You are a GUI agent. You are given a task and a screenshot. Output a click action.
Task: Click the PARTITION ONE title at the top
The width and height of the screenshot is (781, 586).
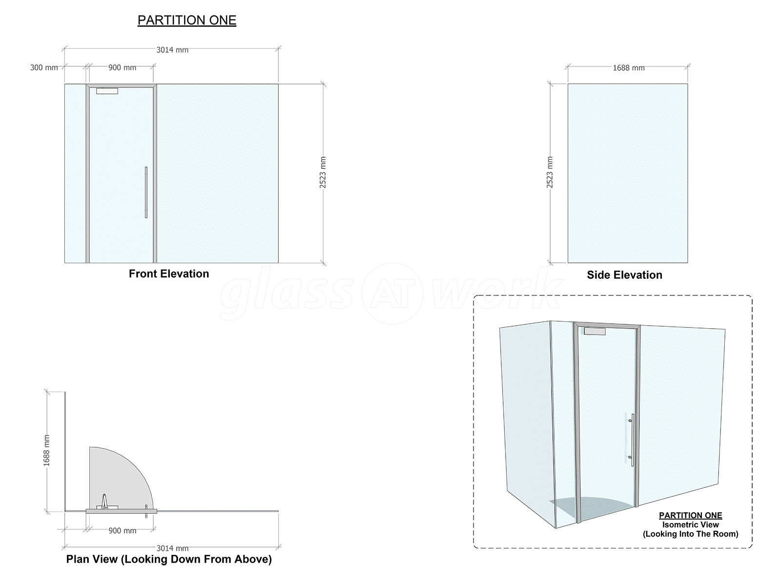(x=187, y=21)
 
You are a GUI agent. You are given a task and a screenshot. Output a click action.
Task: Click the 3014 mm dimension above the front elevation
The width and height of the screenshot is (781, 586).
(x=172, y=50)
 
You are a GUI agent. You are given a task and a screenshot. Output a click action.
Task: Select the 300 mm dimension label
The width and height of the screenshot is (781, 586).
(x=44, y=67)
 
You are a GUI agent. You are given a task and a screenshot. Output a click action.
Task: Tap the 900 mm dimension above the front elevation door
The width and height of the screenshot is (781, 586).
(x=122, y=67)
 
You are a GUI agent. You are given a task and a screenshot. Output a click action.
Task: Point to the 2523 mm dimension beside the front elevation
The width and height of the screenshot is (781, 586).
(x=323, y=172)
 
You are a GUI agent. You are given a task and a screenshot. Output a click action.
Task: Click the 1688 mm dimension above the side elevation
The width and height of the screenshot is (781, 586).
(x=628, y=67)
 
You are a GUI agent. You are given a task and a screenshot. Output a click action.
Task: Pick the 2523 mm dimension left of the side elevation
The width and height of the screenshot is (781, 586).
(x=550, y=172)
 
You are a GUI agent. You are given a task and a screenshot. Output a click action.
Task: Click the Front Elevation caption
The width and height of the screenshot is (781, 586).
(x=169, y=273)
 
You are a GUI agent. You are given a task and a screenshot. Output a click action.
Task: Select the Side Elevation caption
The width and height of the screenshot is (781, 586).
(x=624, y=274)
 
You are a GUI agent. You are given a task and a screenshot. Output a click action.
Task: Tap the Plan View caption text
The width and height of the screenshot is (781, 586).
(x=169, y=559)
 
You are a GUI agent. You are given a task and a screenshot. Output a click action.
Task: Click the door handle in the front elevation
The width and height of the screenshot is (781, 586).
(x=146, y=192)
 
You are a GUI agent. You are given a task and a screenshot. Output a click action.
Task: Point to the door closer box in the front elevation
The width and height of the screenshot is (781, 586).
(x=107, y=91)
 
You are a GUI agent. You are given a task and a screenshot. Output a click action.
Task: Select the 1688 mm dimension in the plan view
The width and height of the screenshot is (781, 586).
(x=46, y=450)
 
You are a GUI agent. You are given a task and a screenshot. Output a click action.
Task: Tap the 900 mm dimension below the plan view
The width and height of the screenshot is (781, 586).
(x=122, y=530)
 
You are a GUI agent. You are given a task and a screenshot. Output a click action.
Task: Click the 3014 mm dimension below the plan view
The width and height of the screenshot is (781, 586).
(x=172, y=548)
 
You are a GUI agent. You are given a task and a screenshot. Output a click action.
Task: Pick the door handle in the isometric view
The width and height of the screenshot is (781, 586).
(x=632, y=440)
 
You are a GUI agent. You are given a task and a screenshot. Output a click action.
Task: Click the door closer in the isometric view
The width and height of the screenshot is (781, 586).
(x=595, y=331)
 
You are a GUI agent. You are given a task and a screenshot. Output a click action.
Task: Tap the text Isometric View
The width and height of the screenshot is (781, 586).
(x=690, y=524)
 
